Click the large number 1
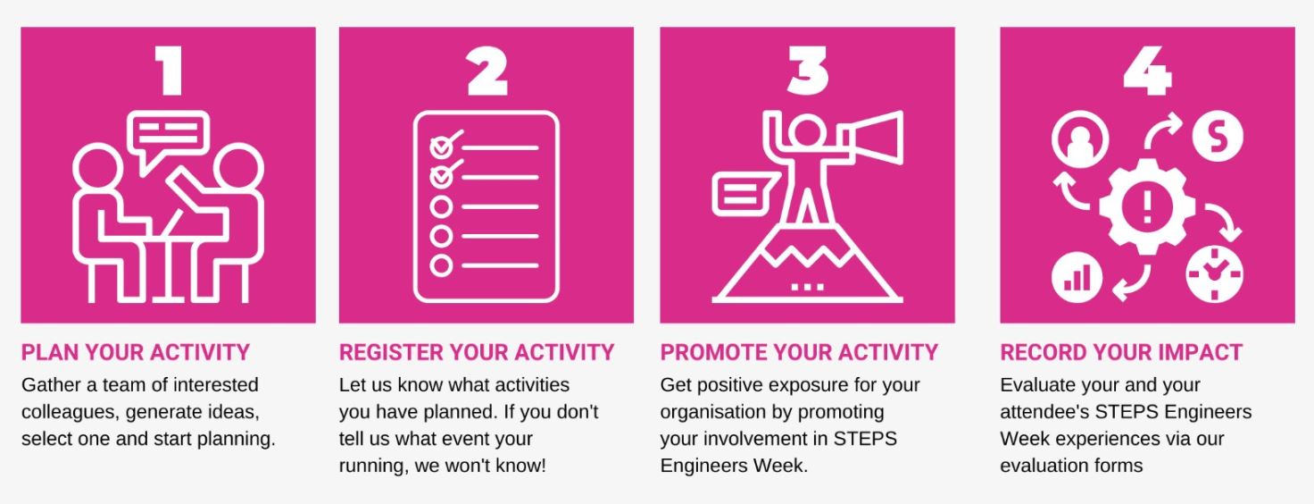pos(169,71)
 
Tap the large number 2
pos(487,71)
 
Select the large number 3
pos(808,71)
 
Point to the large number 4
pos(1147,71)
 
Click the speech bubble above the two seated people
pos(169,135)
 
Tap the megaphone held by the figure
pos(873,138)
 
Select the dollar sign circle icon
pos(1218,137)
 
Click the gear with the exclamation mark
pos(1147,206)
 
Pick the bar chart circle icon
pos(1077,277)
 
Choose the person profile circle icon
pos(1080,139)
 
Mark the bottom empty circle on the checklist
pos(441,265)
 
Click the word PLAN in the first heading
pos(49,352)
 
